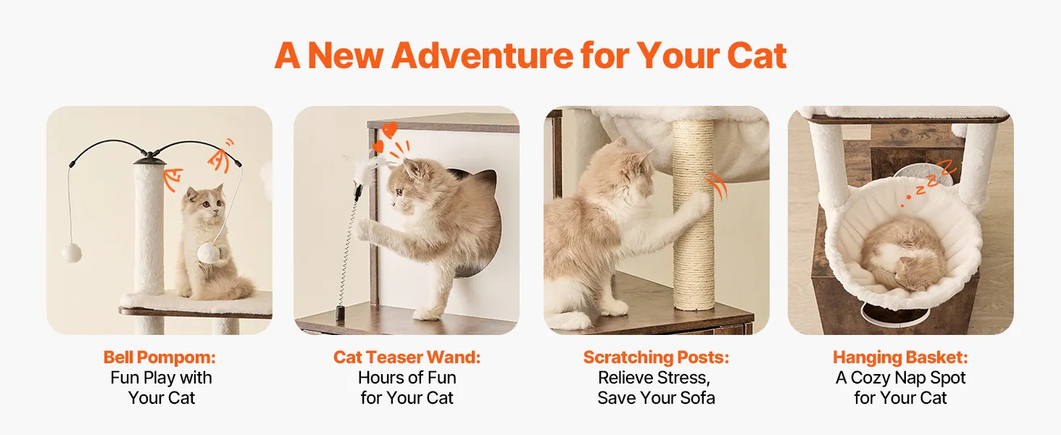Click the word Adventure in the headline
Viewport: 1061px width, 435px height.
tap(482, 55)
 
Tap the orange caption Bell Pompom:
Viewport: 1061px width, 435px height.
tap(159, 357)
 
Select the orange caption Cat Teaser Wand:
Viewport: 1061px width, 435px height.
tap(407, 357)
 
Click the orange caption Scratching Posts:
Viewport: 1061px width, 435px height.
tap(656, 357)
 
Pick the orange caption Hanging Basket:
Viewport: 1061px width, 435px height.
tap(900, 357)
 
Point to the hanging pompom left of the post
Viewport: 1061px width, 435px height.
tap(72, 252)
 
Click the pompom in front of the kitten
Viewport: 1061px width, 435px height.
tap(209, 253)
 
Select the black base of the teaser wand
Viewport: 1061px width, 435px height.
tap(340, 314)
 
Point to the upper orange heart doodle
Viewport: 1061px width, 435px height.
tap(389, 129)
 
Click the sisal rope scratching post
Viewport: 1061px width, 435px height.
tap(694, 215)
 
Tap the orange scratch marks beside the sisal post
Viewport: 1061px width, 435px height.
tap(716, 186)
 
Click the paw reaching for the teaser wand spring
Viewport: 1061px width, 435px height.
tap(363, 229)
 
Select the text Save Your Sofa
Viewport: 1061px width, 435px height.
tap(656, 398)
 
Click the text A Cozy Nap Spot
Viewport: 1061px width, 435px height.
tap(900, 378)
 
